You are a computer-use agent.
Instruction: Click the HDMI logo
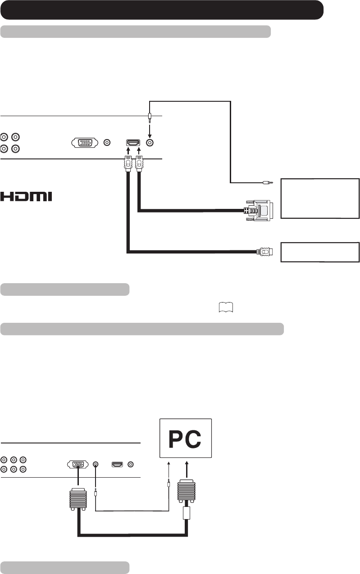(x=26, y=197)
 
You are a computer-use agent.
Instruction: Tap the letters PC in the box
(x=185, y=441)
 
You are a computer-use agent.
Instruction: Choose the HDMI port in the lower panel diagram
(x=118, y=464)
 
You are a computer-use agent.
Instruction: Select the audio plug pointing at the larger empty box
(x=268, y=183)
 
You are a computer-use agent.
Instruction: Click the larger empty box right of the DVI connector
(x=320, y=199)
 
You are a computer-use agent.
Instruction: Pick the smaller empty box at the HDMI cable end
(x=320, y=252)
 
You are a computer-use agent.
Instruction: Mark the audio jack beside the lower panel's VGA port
(x=96, y=464)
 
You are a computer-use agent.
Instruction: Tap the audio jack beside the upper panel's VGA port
(x=107, y=143)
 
